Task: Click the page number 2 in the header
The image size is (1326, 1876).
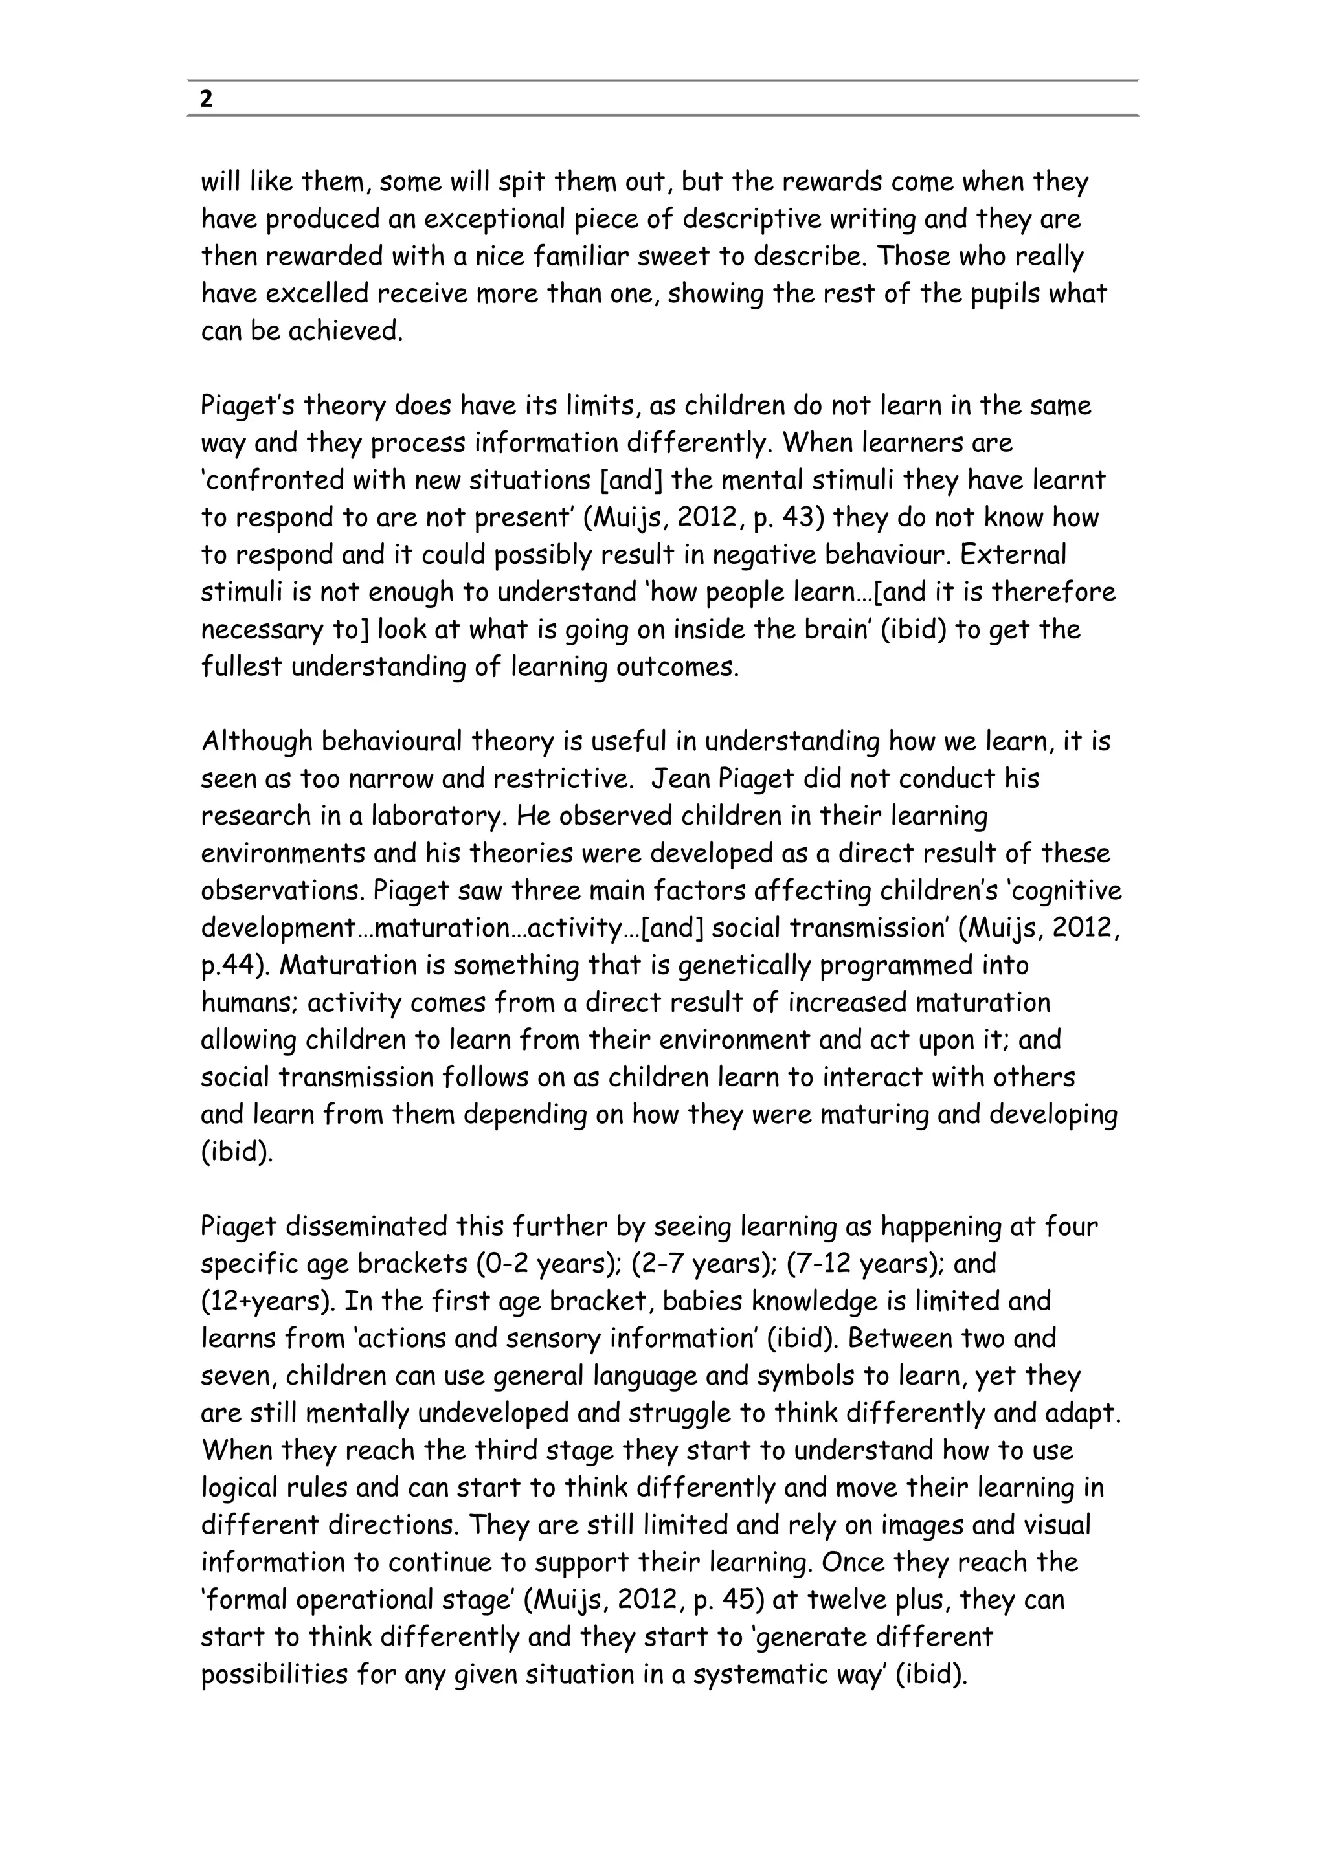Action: point(207,100)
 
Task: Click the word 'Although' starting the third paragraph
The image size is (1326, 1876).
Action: point(256,741)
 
